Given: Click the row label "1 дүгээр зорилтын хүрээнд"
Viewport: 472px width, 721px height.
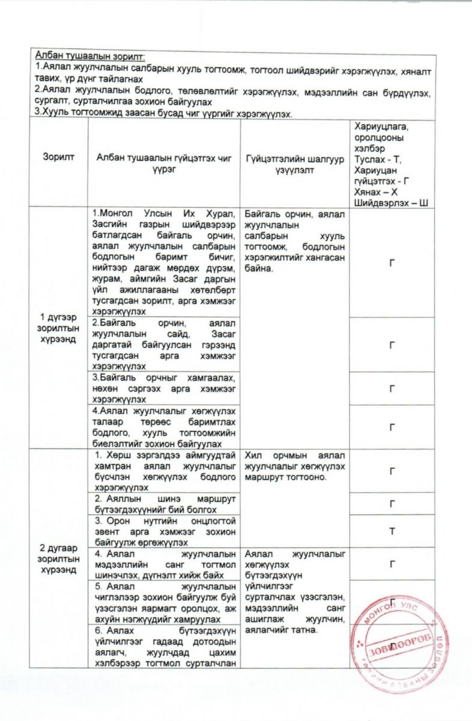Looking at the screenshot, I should pyautogui.click(x=59, y=326).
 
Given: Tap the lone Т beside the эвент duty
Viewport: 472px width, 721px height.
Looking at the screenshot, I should pyautogui.click(x=392, y=531).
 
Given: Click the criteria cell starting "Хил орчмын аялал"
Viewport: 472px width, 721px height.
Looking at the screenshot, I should pyautogui.click(x=294, y=467).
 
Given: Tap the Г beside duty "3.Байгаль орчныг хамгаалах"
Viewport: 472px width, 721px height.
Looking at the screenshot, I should pyautogui.click(x=392, y=388).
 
